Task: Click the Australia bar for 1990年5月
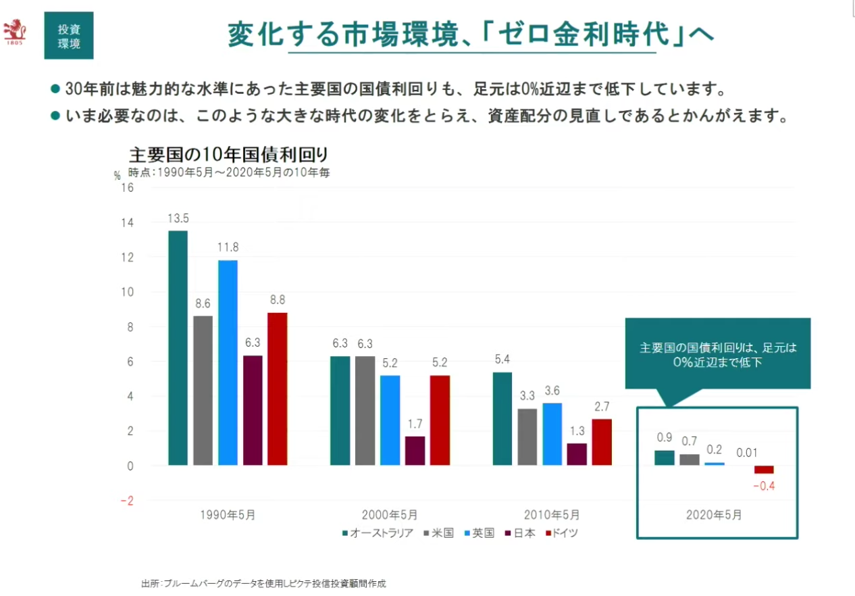coord(178,348)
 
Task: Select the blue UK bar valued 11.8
coord(228,363)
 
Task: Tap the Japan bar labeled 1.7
coord(415,451)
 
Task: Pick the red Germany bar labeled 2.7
coord(602,442)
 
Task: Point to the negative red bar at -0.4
coord(764,470)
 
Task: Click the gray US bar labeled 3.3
coord(528,437)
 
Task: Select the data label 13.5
coord(178,218)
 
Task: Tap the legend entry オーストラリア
coord(378,533)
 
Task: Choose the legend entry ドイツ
coord(560,533)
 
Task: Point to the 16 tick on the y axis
coord(127,188)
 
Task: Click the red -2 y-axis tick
coord(126,501)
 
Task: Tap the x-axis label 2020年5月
coord(714,515)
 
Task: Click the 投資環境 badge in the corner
coord(69,36)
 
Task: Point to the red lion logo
coord(15,30)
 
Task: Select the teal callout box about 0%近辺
coord(717,354)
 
